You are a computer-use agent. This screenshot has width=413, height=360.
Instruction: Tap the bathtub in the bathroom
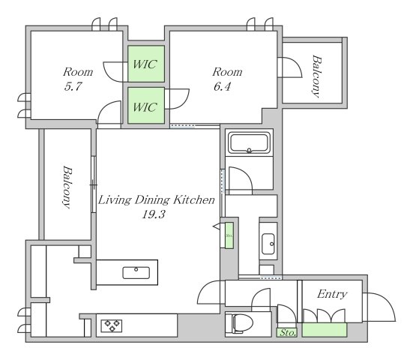pyautogui.click(x=249, y=142)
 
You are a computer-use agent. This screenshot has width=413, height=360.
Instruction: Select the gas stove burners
pyautogui.click(x=112, y=325)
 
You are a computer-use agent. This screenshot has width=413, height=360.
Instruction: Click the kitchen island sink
pyautogui.click(x=136, y=273)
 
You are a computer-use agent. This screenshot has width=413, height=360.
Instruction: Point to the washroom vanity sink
pyautogui.click(x=268, y=244)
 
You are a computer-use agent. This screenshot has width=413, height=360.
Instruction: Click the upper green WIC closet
pyautogui.click(x=146, y=64)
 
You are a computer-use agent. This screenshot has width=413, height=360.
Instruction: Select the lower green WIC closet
pyautogui.click(x=146, y=106)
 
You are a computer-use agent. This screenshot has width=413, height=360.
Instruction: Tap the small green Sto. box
pyautogui.click(x=286, y=332)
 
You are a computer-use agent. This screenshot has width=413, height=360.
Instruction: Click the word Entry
pyautogui.click(x=332, y=294)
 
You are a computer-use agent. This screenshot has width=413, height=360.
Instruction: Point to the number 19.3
pyautogui.click(x=154, y=214)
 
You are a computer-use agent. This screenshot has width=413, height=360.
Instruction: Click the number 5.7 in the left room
pyautogui.click(x=73, y=86)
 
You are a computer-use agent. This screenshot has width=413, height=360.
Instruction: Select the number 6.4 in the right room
pyautogui.click(x=223, y=86)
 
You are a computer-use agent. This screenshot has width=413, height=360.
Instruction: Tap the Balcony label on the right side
pyautogui.click(x=316, y=76)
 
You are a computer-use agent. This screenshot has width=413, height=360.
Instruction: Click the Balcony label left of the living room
pyautogui.click(x=67, y=187)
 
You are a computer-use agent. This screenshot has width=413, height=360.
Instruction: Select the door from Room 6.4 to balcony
pyautogui.click(x=290, y=67)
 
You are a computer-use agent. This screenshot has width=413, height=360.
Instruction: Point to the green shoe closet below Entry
pyautogui.click(x=325, y=330)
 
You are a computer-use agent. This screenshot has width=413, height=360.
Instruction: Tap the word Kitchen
pyautogui.click(x=193, y=200)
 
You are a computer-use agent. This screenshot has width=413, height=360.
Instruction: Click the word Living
pyautogui.click(x=115, y=200)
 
